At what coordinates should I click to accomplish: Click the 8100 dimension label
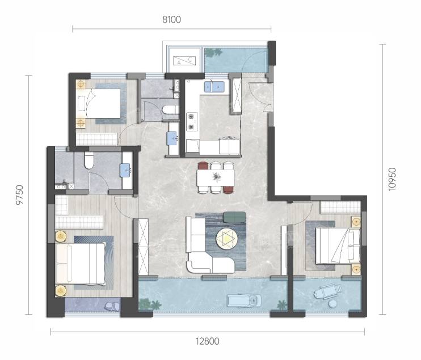point(171,20)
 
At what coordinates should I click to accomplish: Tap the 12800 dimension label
point(207,341)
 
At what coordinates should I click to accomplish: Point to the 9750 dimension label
point(20,195)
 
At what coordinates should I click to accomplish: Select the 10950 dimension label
point(392,179)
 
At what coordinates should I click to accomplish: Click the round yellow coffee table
point(225,238)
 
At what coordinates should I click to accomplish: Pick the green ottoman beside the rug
point(234,217)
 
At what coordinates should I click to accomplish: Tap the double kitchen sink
point(214,87)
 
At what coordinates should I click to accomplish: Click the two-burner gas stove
point(192,121)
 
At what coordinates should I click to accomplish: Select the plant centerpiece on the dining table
point(216,177)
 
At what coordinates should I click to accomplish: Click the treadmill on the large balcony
point(244,300)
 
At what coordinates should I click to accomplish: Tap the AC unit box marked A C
point(184,61)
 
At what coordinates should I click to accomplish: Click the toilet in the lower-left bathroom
point(89,160)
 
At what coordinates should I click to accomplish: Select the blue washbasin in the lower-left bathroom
point(125,170)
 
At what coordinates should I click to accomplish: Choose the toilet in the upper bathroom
point(170,109)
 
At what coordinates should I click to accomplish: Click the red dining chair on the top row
point(203,166)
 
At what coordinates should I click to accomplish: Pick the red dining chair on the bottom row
point(229,189)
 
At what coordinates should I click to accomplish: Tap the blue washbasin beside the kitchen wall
point(172,138)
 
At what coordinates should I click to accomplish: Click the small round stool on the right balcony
point(333,304)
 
